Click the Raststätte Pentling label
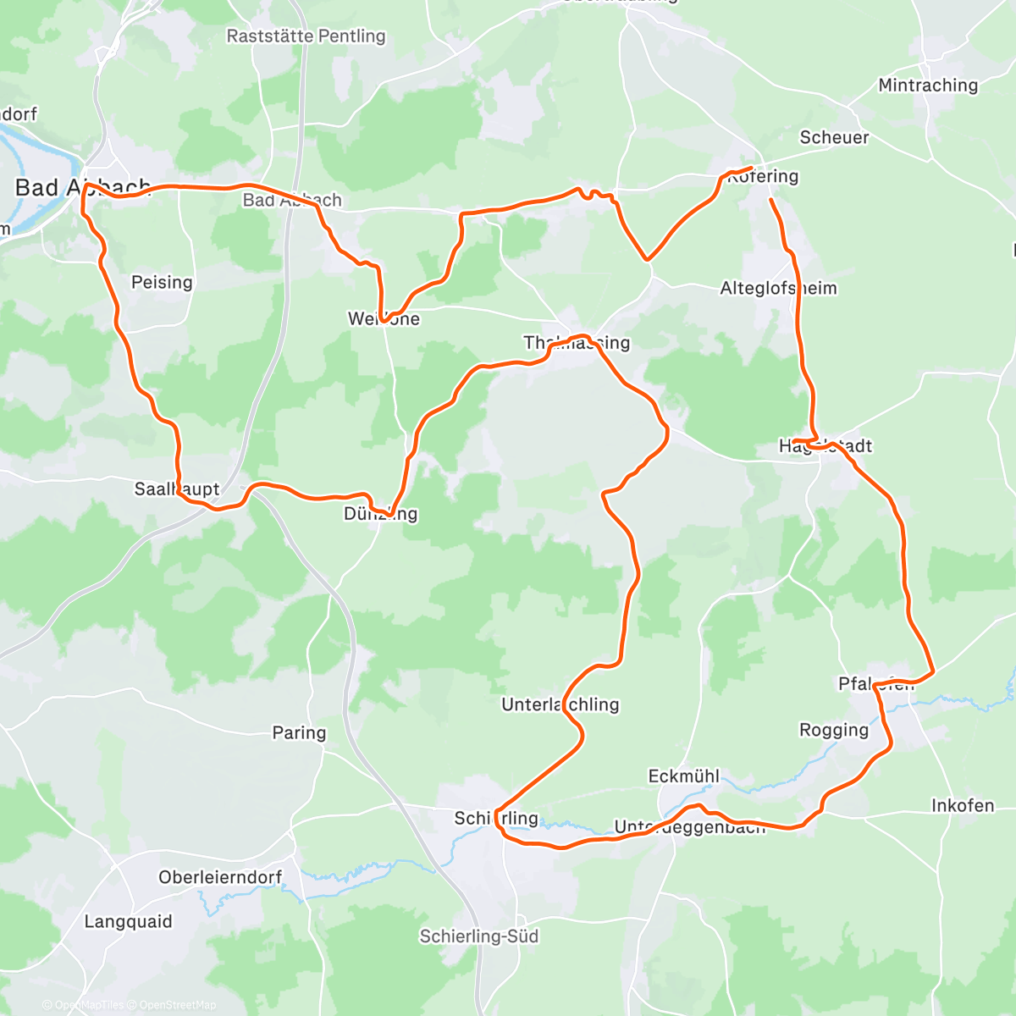[x=306, y=36]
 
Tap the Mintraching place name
[x=928, y=86]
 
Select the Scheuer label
[x=834, y=137]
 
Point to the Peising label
[x=162, y=282]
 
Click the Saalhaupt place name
[x=177, y=489]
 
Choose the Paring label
[x=299, y=732]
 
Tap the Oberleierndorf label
[x=220, y=877]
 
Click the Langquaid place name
[x=128, y=921]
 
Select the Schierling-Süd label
[x=479, y=936]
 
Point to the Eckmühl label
[x=684, y=776]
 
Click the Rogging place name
[x=834, y=730]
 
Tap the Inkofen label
[x=963, y=805]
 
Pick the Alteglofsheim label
[x=778, y=289]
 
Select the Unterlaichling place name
[x=560, y=704]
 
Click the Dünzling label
[x=380, y=514]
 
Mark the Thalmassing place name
[x=577, y=343]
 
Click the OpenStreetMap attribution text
[x=177, y=1005]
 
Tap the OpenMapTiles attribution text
[x=89, y=1005]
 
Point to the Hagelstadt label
[x=825, y=446]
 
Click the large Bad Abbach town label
[x=82, y=188]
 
